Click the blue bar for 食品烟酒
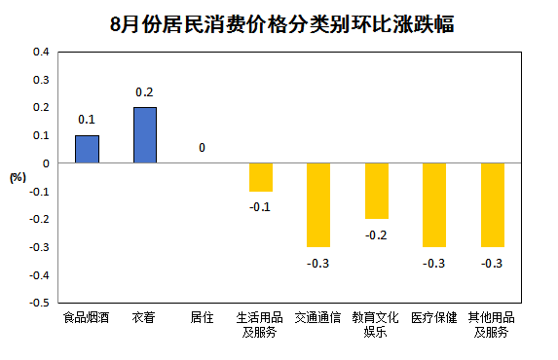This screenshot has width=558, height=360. [87, 149]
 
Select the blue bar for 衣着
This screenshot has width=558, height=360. [144, 135]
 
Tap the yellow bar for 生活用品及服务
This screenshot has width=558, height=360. [260, 177]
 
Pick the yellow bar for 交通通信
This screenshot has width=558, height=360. [318, 205]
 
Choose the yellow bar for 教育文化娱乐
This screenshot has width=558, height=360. [376, 191]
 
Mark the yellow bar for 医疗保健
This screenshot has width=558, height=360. [434, 205]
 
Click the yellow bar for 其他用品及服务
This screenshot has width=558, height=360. [492, 205]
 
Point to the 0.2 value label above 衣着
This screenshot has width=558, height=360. [144, 92]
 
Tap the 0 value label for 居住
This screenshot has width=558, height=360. [202, 149]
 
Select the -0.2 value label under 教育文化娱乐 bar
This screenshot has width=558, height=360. [376, 234]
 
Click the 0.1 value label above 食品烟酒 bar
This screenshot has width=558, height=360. [87, 121]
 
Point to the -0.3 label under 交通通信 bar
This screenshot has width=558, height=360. [318, 263]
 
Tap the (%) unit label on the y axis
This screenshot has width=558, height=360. [18, 177]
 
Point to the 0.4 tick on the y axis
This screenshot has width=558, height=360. [41, 52]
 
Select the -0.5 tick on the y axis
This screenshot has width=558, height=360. [39, 304]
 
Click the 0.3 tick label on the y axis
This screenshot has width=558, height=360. [41, 80]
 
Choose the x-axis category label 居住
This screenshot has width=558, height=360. [202, 318]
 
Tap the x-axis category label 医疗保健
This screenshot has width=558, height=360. [434, 318]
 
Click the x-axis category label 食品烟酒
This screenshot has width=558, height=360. [87, 318]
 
